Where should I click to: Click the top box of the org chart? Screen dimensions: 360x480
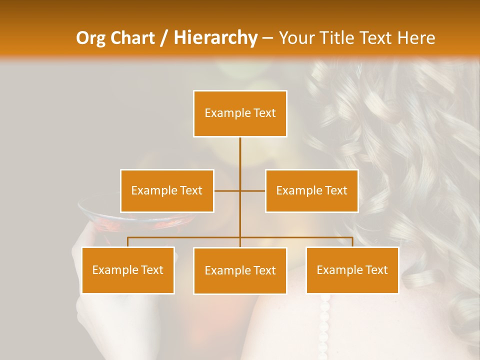240,113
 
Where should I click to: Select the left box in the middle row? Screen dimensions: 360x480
167,191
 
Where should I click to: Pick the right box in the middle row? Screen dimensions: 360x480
311,191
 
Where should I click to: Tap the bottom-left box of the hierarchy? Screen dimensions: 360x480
128,270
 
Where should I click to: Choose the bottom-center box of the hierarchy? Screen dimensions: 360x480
240,271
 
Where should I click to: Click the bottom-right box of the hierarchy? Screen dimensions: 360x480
352,270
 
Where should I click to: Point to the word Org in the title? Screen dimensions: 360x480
91,38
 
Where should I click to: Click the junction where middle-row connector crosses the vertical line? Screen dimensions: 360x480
240,190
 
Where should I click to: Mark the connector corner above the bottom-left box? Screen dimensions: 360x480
128,237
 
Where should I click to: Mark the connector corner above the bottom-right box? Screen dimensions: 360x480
352,237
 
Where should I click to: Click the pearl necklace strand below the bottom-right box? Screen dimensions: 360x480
325,320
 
